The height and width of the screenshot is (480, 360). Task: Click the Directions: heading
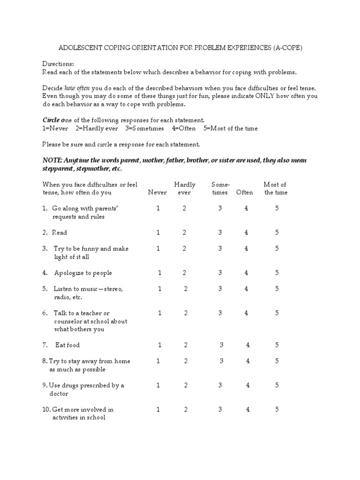click(58, 64)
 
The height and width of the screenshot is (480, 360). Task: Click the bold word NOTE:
click(52, 160)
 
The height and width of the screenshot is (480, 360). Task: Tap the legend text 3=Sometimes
click(144, 128)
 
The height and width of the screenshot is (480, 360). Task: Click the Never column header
click(157, 193)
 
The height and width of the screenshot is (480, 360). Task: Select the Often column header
click(245, 193)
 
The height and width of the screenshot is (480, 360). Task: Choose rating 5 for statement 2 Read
click(277, 232)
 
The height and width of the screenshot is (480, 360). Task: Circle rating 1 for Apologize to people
click(160, 273)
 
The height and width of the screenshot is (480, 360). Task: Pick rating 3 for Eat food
click(222, 345)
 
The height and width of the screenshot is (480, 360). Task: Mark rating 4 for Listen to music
click(246, 289)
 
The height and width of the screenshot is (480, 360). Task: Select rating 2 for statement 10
click(186, 409)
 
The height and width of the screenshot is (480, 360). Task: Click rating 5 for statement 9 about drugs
click(277, 385)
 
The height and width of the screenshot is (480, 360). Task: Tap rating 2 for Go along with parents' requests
click(185, 209)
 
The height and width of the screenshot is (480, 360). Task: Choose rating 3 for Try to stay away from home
click(222, 361)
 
